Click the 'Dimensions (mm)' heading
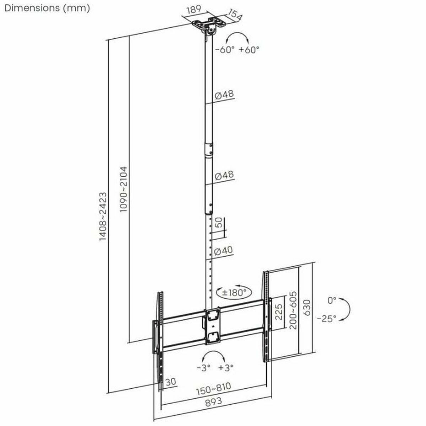point(47,8)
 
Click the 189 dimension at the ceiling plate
point(194,10)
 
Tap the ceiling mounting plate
point(209,24)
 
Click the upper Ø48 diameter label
point(224,95)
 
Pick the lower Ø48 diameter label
point(224,176)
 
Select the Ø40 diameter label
point(224,251)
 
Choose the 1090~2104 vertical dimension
point(124,189)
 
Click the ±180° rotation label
point(234,293)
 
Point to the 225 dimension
point(279,312)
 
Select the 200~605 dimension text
point(293,310)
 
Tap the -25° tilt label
point(326,318)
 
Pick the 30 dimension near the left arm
point(171,382)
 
